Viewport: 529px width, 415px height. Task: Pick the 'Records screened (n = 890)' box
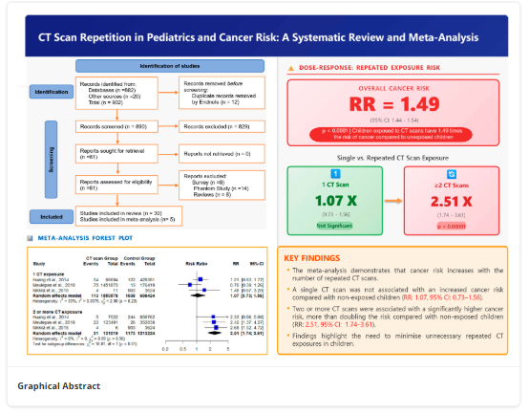[x=124, y=126]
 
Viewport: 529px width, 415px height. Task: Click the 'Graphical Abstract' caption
[x=59, y=386]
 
